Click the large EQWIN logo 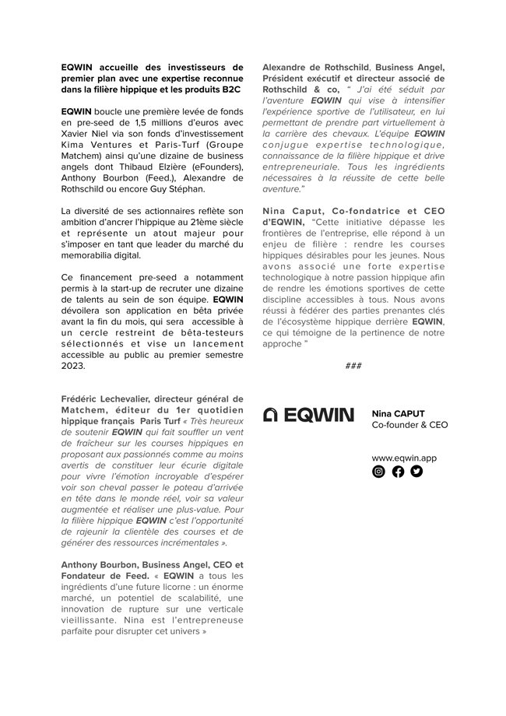click(309, 415)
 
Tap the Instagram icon click(379, 471)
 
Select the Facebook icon click(398, 471)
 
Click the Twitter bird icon click(416, 471)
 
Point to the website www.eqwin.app click(404, 458)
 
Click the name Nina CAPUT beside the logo click(399, 413)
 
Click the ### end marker click(353, 365)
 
